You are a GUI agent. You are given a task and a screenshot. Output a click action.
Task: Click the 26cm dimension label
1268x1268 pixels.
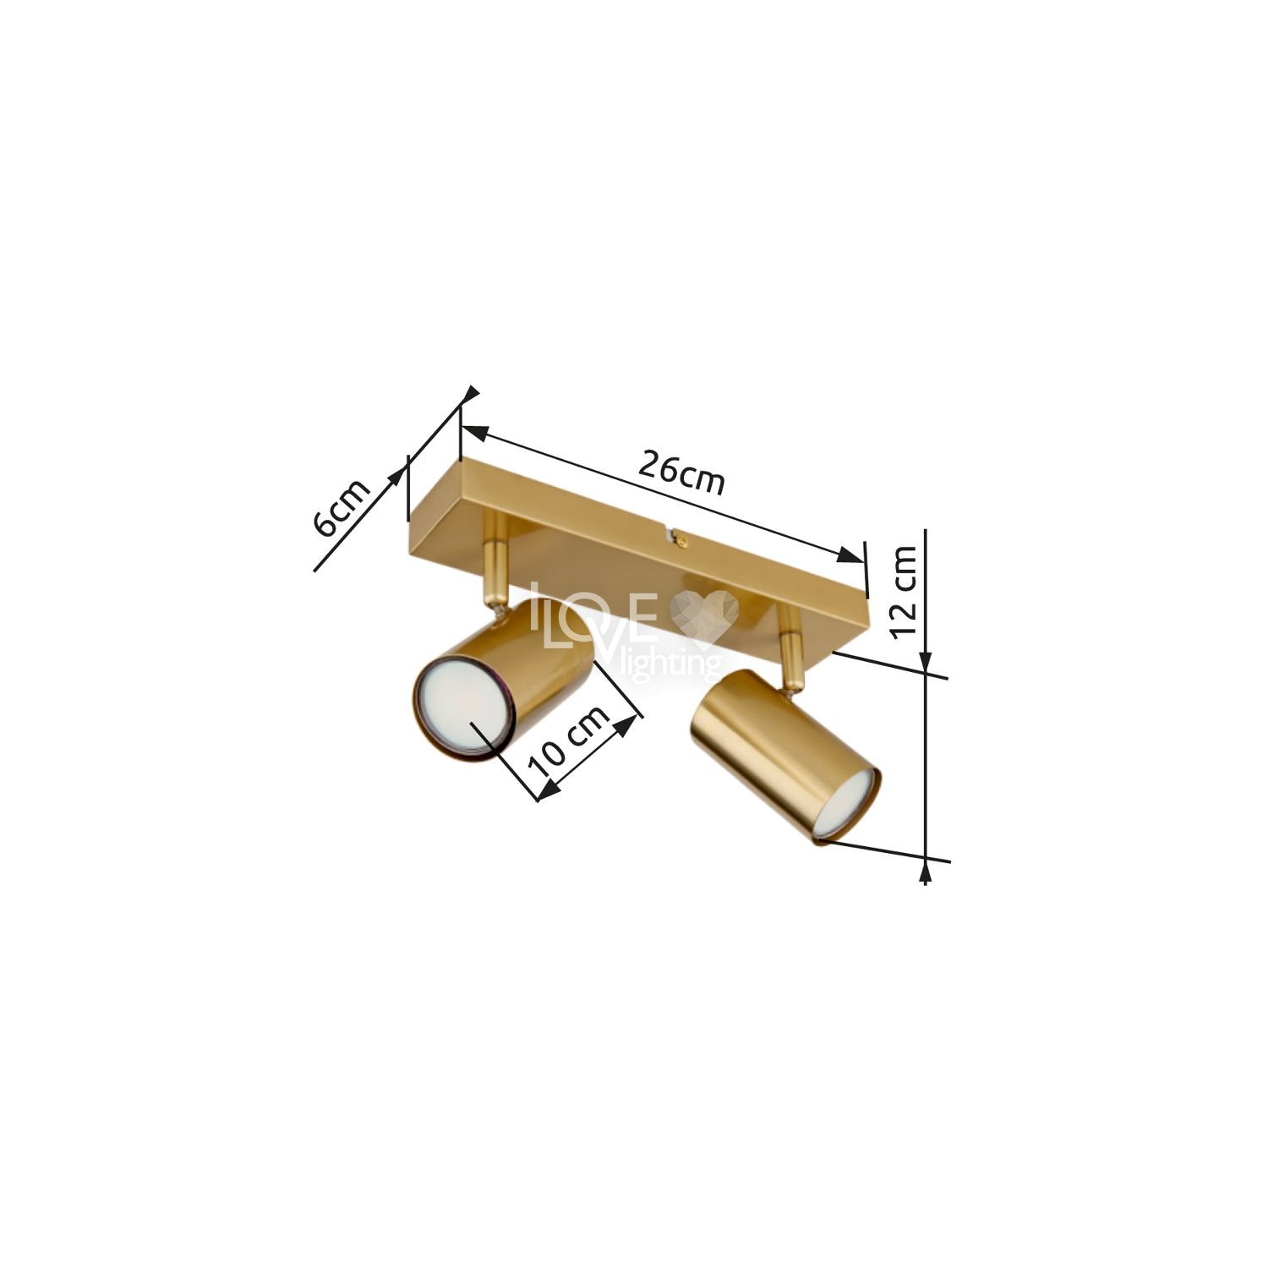click(x=681, y=474)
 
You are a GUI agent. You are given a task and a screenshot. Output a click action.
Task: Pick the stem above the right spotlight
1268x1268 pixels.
click(x=792, y=642)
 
